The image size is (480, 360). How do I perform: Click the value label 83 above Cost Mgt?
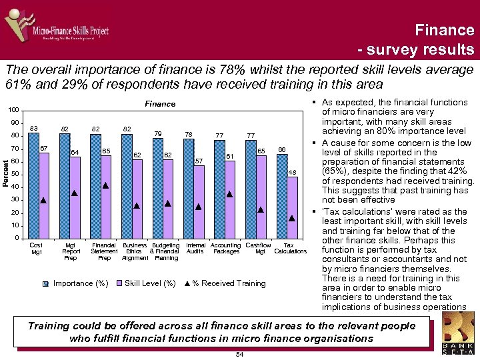(x=33, y=128)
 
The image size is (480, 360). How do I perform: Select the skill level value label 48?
(x=292, y=172)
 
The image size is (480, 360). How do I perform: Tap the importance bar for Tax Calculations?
(x=282, y=196)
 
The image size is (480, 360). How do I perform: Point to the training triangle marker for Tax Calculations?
(x=291, y=218)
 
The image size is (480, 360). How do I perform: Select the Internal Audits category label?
(x=195, y=249)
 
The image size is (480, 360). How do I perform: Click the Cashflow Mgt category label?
(x=259, y=249)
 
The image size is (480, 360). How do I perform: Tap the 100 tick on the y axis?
(x=14, y=110)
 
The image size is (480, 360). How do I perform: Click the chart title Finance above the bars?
(x=160, y=103)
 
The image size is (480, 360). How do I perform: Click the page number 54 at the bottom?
(x=240, y=354)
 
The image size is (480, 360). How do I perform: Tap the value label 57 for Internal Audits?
(x=198, y=161)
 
